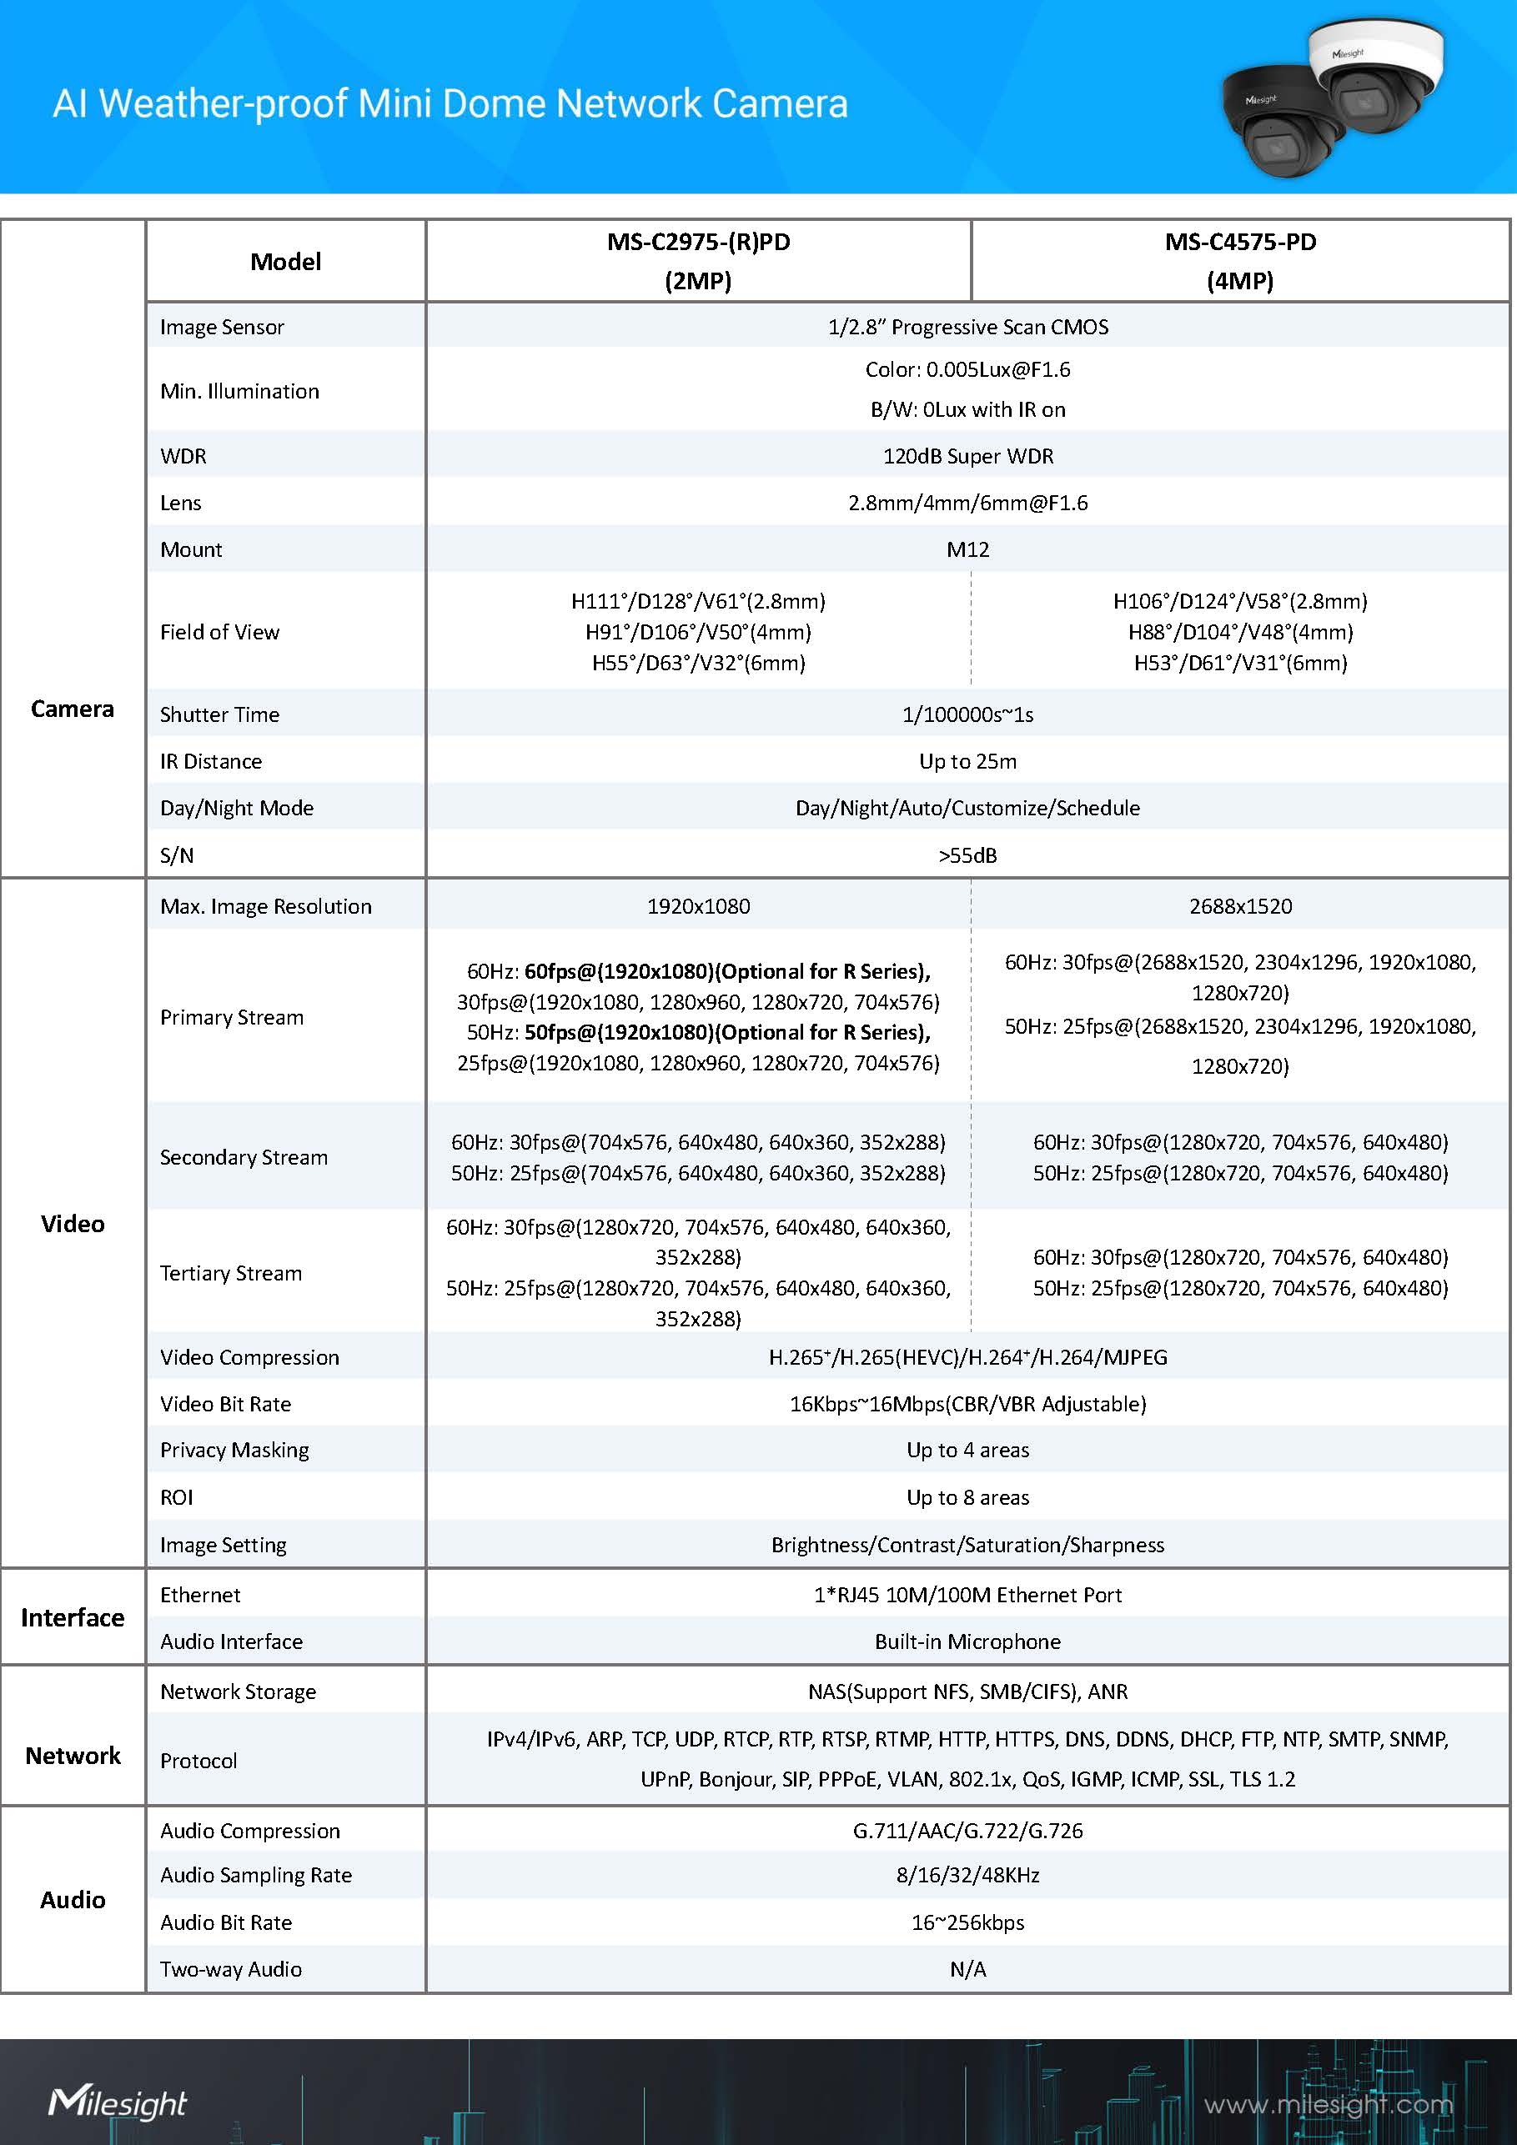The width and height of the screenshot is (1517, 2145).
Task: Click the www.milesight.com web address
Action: [1327, 2104]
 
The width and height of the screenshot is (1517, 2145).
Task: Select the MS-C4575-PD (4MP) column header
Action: [1239, 261]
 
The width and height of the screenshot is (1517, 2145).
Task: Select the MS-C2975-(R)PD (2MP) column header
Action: [698, 261]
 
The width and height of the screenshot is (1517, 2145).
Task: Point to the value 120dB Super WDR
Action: [967, 456]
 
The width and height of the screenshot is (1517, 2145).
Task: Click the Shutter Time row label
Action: [219, 714]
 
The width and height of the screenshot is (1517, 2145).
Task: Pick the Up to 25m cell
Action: [967, 761]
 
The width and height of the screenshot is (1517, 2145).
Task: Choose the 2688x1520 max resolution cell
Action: [1239, 906]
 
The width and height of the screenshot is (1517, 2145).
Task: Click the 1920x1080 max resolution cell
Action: [698, 906]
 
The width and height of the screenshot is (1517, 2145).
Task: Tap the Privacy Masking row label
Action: [234, 1450]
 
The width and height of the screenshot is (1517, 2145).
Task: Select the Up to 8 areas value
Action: [967, 1497]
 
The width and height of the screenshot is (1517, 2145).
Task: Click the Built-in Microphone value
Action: [967, 1641]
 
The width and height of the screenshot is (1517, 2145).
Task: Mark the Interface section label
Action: [72, 1618]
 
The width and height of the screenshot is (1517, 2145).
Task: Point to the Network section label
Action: [72, 1756]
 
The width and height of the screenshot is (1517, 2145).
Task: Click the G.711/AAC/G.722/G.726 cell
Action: [967, 1830]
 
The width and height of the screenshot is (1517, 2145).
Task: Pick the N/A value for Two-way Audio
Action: [967, 1969]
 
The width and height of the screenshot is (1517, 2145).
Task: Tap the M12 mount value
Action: [967, 549]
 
